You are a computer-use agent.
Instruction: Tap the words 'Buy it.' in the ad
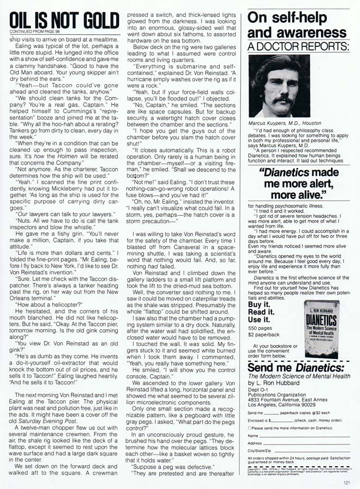260,304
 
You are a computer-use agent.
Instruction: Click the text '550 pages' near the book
261,329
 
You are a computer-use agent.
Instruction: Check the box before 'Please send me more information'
249,428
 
